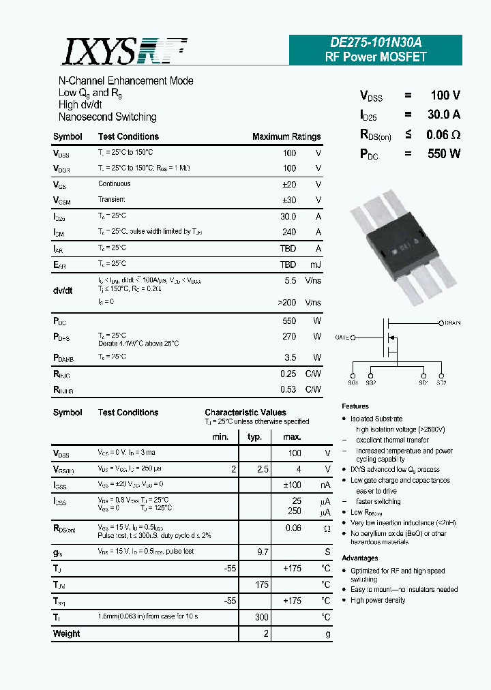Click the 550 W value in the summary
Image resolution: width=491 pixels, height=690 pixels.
tap(444, 153)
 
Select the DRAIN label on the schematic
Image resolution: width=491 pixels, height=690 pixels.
tap(452, 323)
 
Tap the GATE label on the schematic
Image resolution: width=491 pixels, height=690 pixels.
tap(342, 337)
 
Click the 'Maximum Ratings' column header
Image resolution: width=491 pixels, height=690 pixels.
tap(286, 137)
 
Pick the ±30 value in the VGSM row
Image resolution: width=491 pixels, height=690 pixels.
tap(289, 200)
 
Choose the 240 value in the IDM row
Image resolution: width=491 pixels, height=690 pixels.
tap(289, 232)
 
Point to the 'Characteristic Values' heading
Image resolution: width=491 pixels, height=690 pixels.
tap(245, 412)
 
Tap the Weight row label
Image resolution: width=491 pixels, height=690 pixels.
tap(66, 633)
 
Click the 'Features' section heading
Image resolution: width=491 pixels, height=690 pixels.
tap(355, 406)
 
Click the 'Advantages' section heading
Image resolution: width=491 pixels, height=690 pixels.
tap(360, 558)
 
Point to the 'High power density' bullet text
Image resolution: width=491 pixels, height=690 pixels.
tap(378, 601)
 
